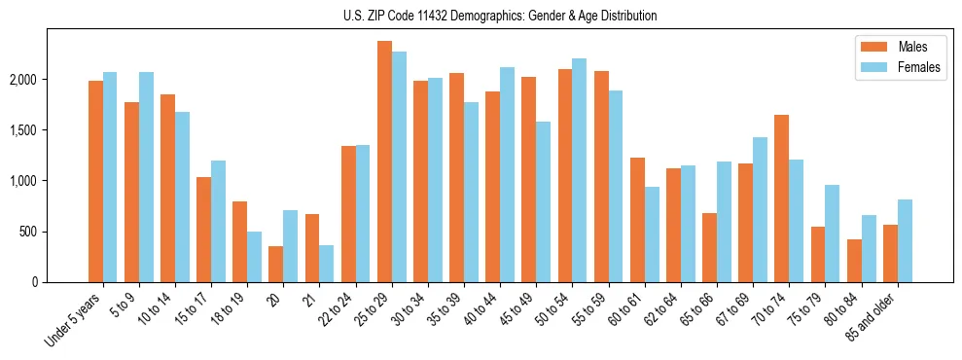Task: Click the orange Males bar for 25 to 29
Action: [384, 162]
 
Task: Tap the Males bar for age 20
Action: [276, 264]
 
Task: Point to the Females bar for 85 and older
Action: [905, 240]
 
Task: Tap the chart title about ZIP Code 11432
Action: [500, 16]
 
